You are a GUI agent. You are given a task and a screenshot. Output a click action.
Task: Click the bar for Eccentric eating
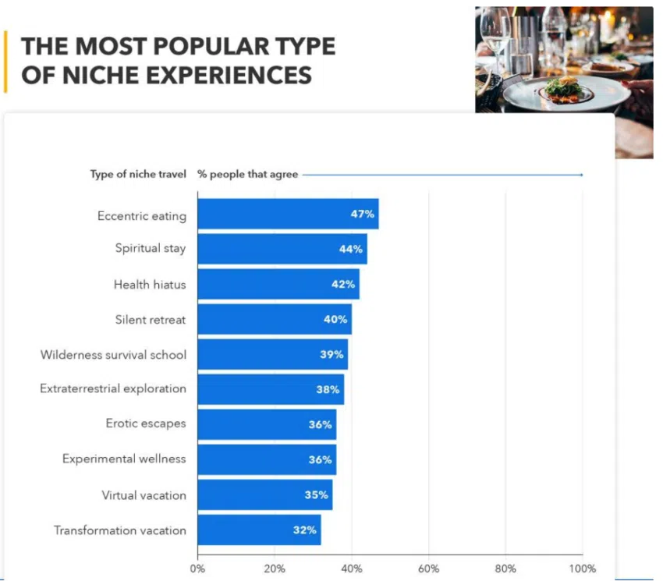[x=287, y=214]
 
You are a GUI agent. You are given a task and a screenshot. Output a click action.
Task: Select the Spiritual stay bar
[x=282, y=249]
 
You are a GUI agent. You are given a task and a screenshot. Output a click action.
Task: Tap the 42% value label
[x=343, y=285]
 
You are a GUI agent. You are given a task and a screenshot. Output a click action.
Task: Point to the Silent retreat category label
[x=151, y=320]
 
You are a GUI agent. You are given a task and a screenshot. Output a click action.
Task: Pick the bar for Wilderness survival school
[x=272, y=355]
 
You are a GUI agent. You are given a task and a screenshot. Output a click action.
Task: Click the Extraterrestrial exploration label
[x=113, y=388]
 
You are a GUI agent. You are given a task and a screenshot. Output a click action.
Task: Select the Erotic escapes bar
[x=266, y=424]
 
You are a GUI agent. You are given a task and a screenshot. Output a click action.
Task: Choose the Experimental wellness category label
[x=124, y=459]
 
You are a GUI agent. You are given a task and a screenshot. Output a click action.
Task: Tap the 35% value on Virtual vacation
[x=317, y=495]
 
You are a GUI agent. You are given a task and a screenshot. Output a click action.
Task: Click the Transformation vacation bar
[x=258, y=530]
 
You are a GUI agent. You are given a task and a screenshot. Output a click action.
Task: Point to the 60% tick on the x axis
[x=428, y=569]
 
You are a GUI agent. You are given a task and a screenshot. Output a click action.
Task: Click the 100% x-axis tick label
[x=582, y=569]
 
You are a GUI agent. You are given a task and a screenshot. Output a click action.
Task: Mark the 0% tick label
[x=198, y=569]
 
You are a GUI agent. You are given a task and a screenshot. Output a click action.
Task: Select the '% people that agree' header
[x=247, y=175]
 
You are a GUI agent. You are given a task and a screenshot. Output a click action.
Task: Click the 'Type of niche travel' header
[x=138, y=175]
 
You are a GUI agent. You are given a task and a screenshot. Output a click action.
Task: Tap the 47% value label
[x=363, y=214]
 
